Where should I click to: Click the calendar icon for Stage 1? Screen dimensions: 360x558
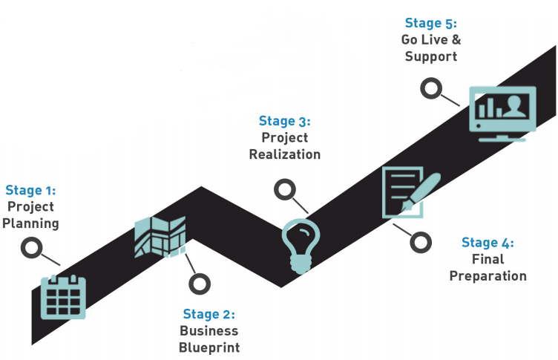click(x=63, y=297)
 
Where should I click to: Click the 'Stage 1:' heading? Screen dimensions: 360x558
click(x=30, y=191)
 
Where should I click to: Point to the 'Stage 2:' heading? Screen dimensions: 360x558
click(x=209, y=315)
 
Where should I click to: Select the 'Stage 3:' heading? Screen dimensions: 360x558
click(x=284, y=121)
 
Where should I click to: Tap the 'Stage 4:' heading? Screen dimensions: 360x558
click(x=487, y=243)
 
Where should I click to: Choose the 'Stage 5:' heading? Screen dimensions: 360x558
click(x=430, y=24)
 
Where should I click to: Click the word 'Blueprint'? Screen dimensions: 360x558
click(x=209, y=347)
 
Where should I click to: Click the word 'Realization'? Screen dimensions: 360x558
click(x=284, y=154)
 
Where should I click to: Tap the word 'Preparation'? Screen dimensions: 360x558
click(x=488, y=276)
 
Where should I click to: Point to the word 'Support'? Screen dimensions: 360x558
click(x=430, y=57)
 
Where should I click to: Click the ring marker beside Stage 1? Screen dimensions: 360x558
click(x=32, y=248)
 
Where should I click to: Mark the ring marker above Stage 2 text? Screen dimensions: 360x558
click(x=199, y=283)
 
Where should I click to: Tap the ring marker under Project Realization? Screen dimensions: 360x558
click(x=284, y=190)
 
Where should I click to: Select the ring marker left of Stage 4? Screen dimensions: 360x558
click(x=421, y=242)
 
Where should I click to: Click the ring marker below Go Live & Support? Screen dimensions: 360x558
click(x=430, y=89)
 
